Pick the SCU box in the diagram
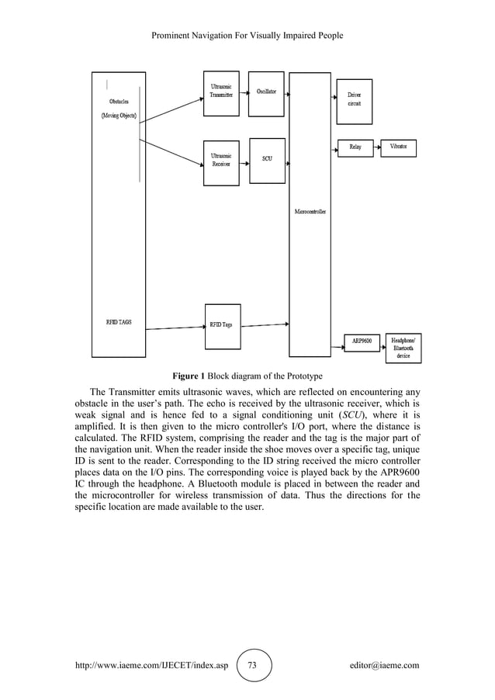(x=267, y=160)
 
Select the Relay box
(x=355, y=147)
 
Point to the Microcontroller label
(x=310, y=211)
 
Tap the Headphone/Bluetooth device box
(x=403, y=348)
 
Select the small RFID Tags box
(x=221, y=324)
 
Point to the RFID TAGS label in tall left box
(x=118, y=321)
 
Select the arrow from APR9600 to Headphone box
(x=382, y=341)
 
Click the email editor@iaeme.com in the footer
(x=384, y=665)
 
